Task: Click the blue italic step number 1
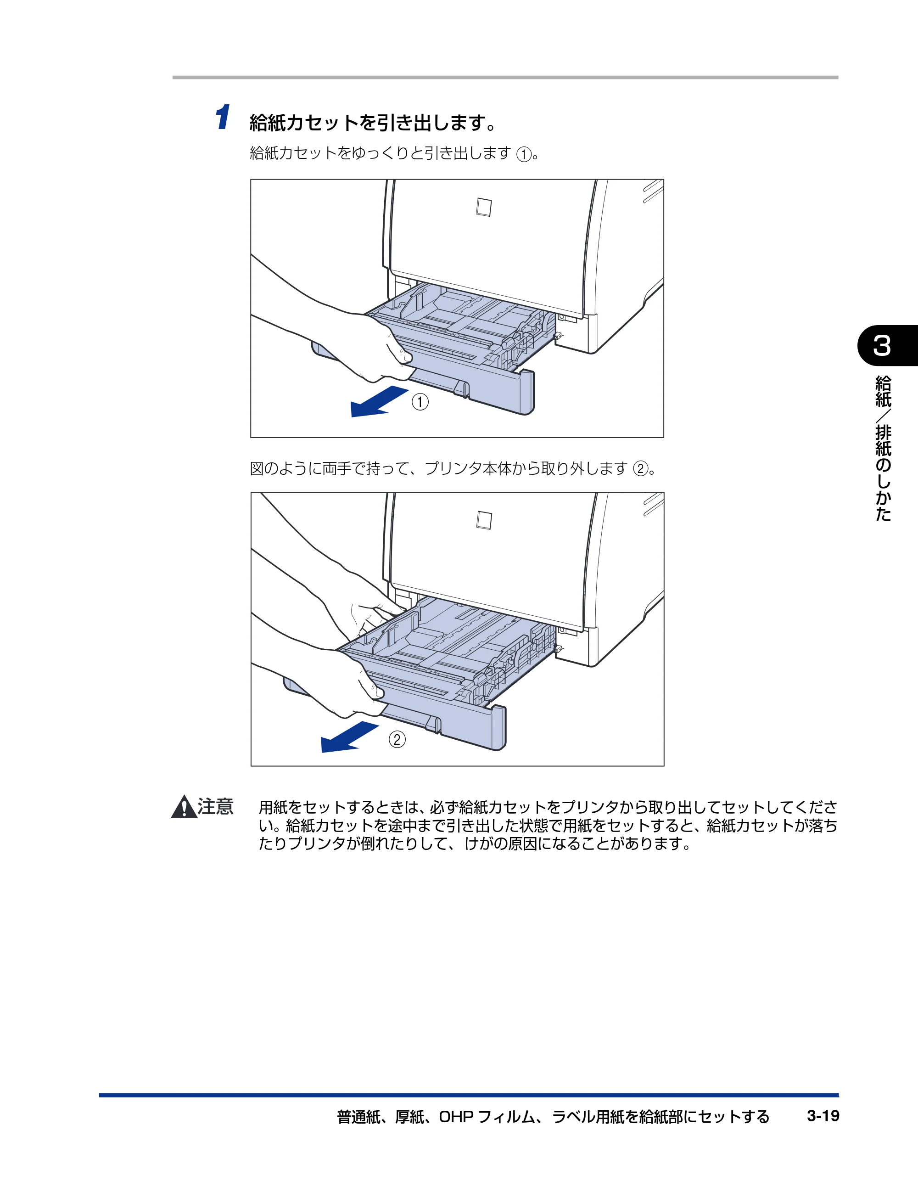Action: (222, 118)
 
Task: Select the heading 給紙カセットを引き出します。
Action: (373, 123)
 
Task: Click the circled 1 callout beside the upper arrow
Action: (420, 402)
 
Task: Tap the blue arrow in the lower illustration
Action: (350, 737)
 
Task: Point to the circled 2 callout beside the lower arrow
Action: (397, 739)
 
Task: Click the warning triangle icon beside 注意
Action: (184, 807)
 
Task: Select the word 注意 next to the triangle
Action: (215, 806)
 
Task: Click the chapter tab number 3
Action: (882, 346)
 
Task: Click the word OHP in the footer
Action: (456, 1117)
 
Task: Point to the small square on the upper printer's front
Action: (484, 207)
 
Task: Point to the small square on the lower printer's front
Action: (484, 520)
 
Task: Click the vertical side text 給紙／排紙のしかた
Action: (883, 449)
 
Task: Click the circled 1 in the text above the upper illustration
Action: (524, 155)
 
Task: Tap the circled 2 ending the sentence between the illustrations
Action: (641, 469)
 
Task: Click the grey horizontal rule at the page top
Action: (505, 77)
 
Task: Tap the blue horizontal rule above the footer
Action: (469, 1095)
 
